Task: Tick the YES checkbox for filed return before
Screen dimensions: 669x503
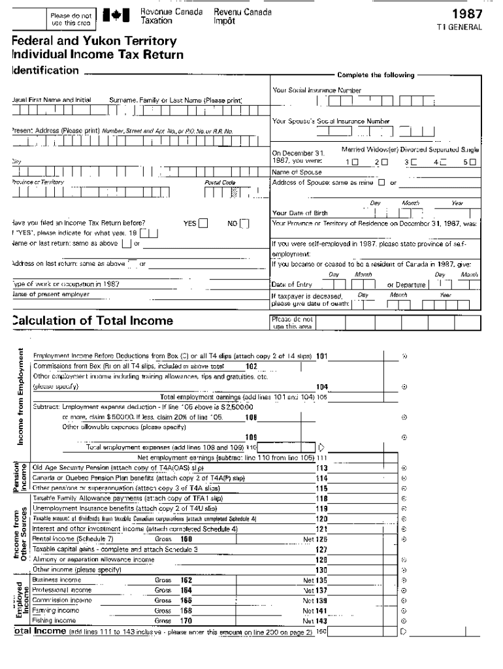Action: (x=203, y=223)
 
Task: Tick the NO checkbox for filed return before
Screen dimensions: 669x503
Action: (x=244, y=223)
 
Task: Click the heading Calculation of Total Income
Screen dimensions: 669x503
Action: (x=93, y=320)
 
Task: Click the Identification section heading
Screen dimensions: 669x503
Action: (x=45, y=71)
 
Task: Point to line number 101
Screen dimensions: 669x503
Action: (x=321, y=356)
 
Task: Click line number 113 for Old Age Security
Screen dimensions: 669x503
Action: (x=321, y=468)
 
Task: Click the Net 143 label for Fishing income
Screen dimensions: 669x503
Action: (x=315, y=621)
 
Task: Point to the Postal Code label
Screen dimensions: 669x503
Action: (x=219, y=182)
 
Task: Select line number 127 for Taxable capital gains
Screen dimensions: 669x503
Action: (x=321, y=549)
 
